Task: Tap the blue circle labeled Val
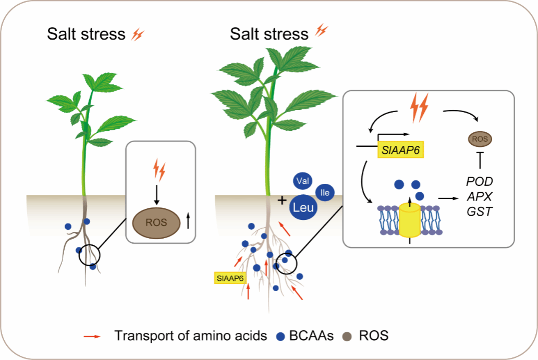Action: coord(300,181)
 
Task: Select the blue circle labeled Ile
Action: coord(325,192)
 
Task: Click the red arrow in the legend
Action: coord(94,336)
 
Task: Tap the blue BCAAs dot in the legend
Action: coord(282,336)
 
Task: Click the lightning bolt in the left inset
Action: coord(160,170)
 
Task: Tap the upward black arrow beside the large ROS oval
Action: coord(188,222)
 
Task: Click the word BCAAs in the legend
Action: coord(312,336)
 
